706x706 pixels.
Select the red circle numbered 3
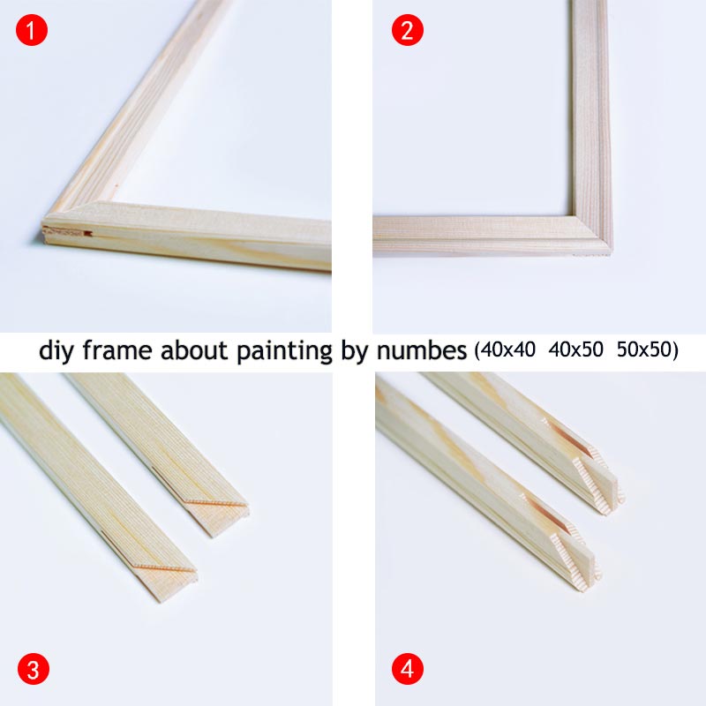[x=33, y=669]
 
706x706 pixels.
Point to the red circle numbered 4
[x=407, y=669]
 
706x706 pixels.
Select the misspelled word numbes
[x=421, y=350]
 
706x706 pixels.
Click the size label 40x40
[x=512, y=350]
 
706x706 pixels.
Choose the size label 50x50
[x=642, y=350]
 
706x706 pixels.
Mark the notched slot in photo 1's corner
[x=85, y=234]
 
